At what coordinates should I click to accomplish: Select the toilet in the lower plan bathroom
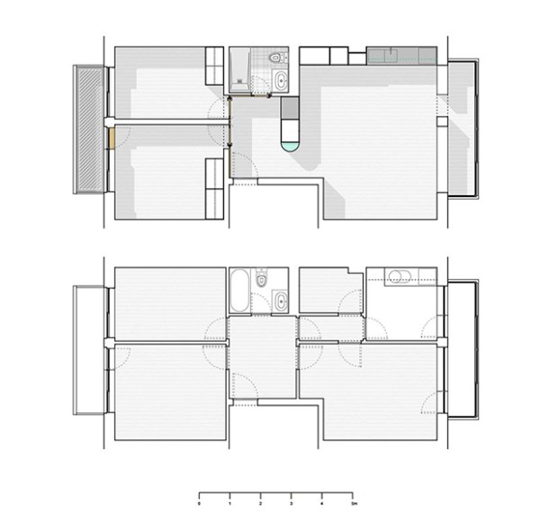[x=261, y=278]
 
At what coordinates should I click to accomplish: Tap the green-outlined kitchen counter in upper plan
[x=406, y=56]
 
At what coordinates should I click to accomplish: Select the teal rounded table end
[x=290, y=143]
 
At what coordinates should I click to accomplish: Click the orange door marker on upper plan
[x=111, y=139]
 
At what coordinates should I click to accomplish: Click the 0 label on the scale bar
[x=198, y=505]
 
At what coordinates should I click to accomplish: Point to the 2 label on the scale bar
[x=260, y=505]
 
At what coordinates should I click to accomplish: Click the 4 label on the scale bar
[x=322, y=505]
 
